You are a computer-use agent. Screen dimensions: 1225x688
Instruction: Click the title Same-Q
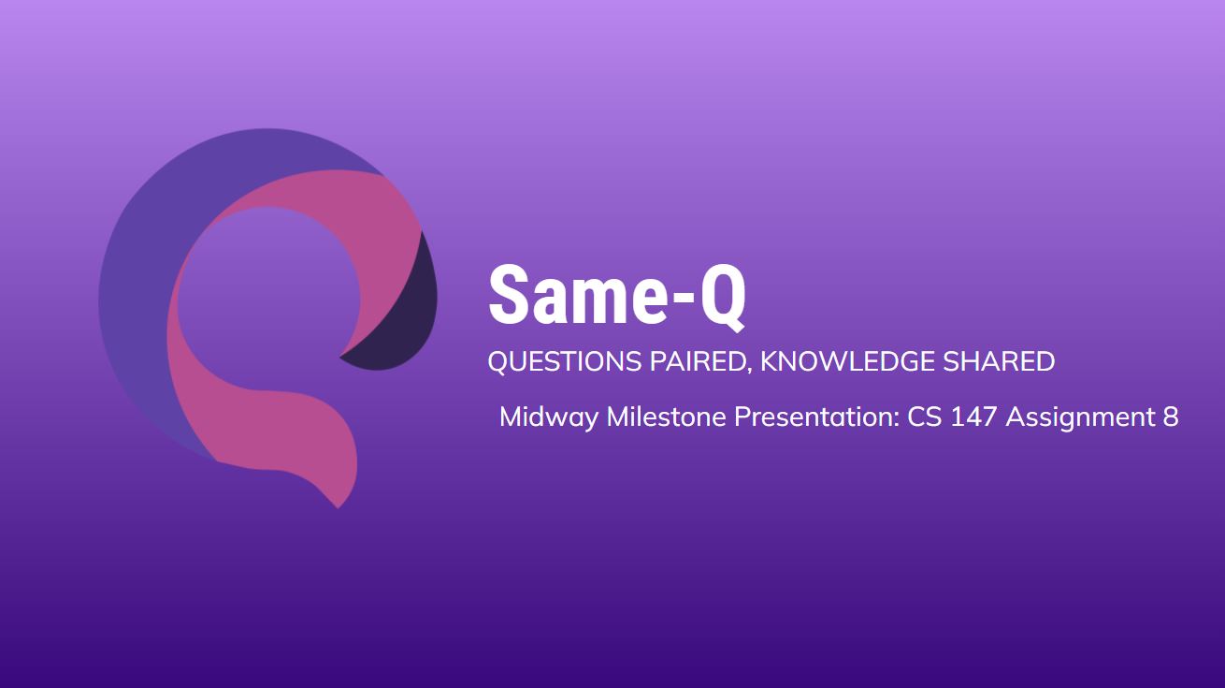point(617,296)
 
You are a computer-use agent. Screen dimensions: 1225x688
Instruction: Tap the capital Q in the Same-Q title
point(723,298)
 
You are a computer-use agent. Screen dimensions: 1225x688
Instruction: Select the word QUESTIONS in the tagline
point(565,361)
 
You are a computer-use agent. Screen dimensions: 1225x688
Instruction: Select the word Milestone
point(666,417)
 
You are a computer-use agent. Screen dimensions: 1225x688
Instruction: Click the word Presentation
point(814,417)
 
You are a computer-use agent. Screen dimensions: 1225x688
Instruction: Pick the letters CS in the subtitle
point(924,417)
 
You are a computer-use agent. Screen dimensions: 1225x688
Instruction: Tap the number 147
point(974,417)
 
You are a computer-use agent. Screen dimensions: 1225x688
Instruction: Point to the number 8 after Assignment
point(1171,417)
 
